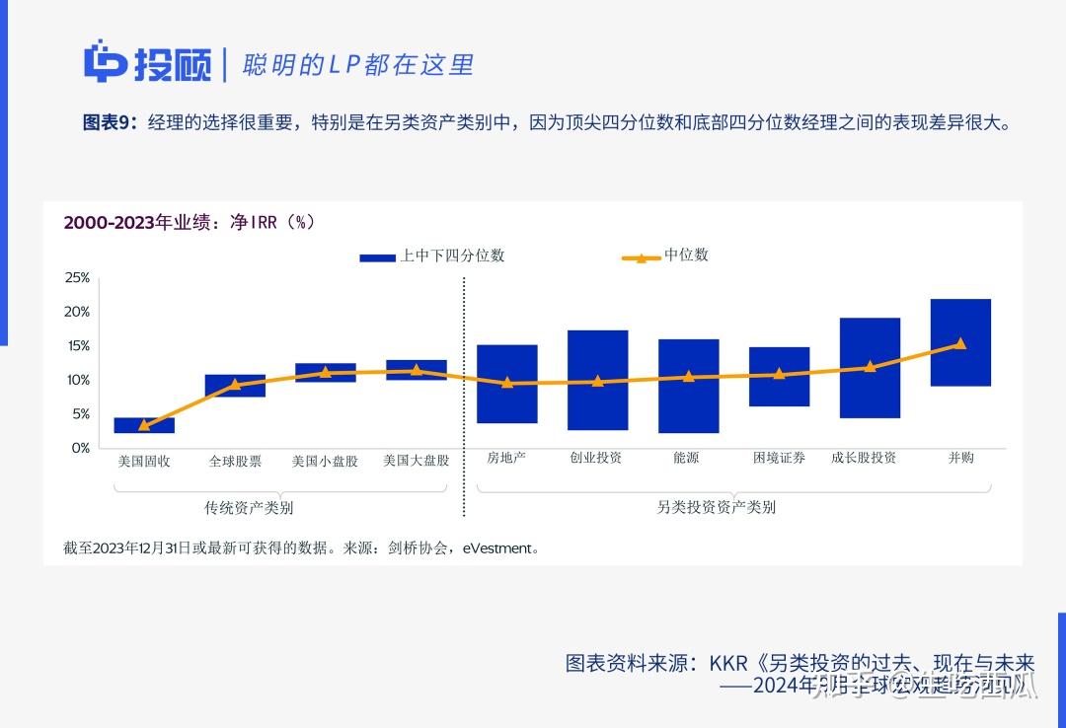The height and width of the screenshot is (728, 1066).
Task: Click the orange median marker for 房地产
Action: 507,383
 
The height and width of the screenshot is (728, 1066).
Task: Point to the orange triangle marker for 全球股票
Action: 235,385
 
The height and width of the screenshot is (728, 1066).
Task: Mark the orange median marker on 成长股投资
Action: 870,367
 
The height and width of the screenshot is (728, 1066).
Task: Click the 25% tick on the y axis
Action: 77,278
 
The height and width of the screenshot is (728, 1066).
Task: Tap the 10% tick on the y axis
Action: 77,380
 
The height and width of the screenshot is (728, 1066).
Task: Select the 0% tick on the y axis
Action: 80,448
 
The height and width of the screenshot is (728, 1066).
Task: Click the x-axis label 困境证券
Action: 779,458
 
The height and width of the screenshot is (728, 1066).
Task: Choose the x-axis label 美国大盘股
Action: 416,461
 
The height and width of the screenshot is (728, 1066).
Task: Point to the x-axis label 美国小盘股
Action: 325,461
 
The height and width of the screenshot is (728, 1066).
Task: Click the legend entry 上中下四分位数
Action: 432,255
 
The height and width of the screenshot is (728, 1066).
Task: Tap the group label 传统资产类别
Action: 249,508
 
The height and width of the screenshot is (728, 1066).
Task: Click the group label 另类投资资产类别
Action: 716,507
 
